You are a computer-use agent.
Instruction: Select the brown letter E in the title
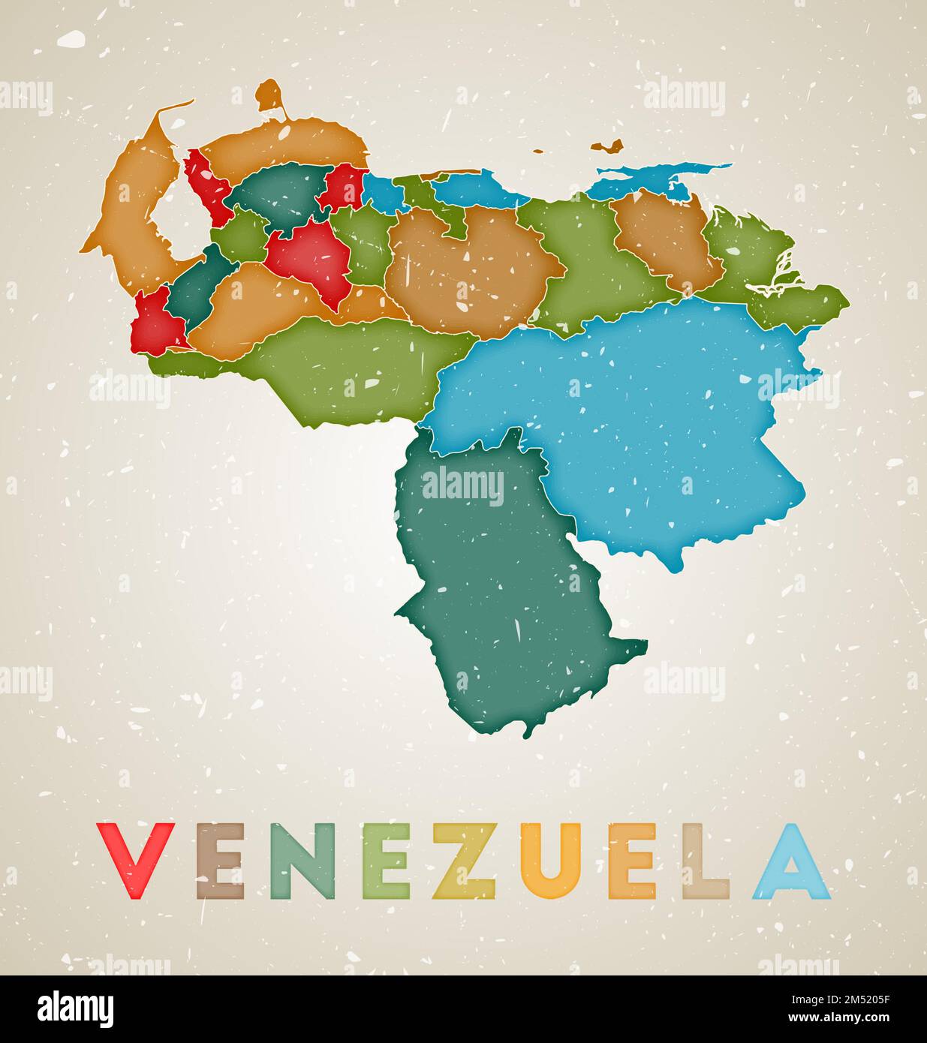220,861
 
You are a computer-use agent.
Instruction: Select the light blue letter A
793,861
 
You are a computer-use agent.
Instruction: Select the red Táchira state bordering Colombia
156,323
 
